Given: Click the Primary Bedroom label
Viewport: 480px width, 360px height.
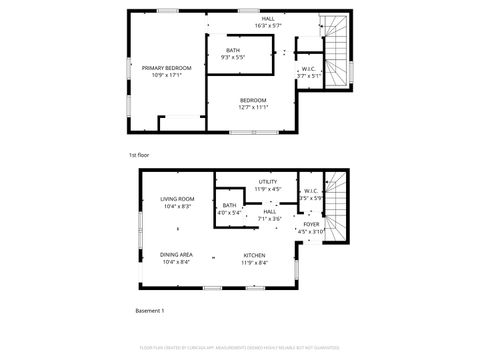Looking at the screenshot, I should point(159,68).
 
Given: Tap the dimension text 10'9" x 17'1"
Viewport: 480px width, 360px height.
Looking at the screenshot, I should point(159,75).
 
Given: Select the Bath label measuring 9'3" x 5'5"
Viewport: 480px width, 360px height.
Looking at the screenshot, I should point(233,51).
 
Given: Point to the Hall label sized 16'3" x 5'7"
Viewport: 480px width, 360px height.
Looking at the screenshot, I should point(268,19).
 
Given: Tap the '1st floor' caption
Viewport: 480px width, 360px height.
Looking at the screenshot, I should point(139,156).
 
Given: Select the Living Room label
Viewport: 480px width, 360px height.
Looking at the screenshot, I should point(177,199).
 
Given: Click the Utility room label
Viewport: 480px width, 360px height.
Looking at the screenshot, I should point(268,182).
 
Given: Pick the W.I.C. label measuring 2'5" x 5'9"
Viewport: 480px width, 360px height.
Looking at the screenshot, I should point(311,191).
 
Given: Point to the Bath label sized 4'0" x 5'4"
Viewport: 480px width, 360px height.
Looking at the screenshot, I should point(229,206).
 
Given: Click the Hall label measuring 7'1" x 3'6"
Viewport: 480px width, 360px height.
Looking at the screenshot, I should point(269,211).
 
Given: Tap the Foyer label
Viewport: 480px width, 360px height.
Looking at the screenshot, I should point(311,224).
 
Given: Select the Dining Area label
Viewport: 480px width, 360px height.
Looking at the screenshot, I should point(177,254).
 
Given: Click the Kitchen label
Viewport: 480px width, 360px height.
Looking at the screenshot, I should point(254,254).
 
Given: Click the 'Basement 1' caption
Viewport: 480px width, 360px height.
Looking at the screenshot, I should point(150,311).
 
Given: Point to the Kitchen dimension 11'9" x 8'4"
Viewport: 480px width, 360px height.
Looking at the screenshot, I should point(254,262).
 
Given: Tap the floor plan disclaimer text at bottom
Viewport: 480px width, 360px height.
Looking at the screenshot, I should point(240,349).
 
